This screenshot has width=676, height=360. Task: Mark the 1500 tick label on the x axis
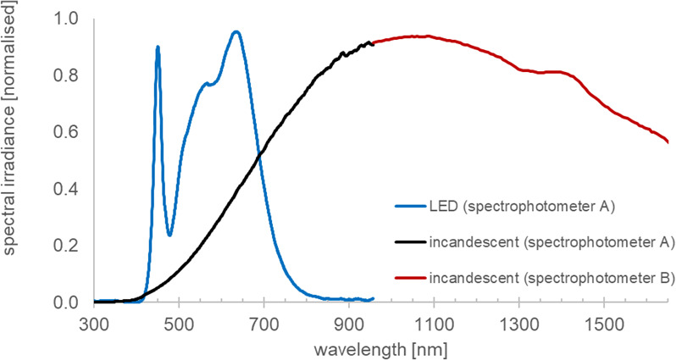(602, 324)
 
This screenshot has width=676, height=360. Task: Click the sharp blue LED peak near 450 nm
(158, 48)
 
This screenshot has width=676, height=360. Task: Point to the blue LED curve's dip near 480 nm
(169, 235)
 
